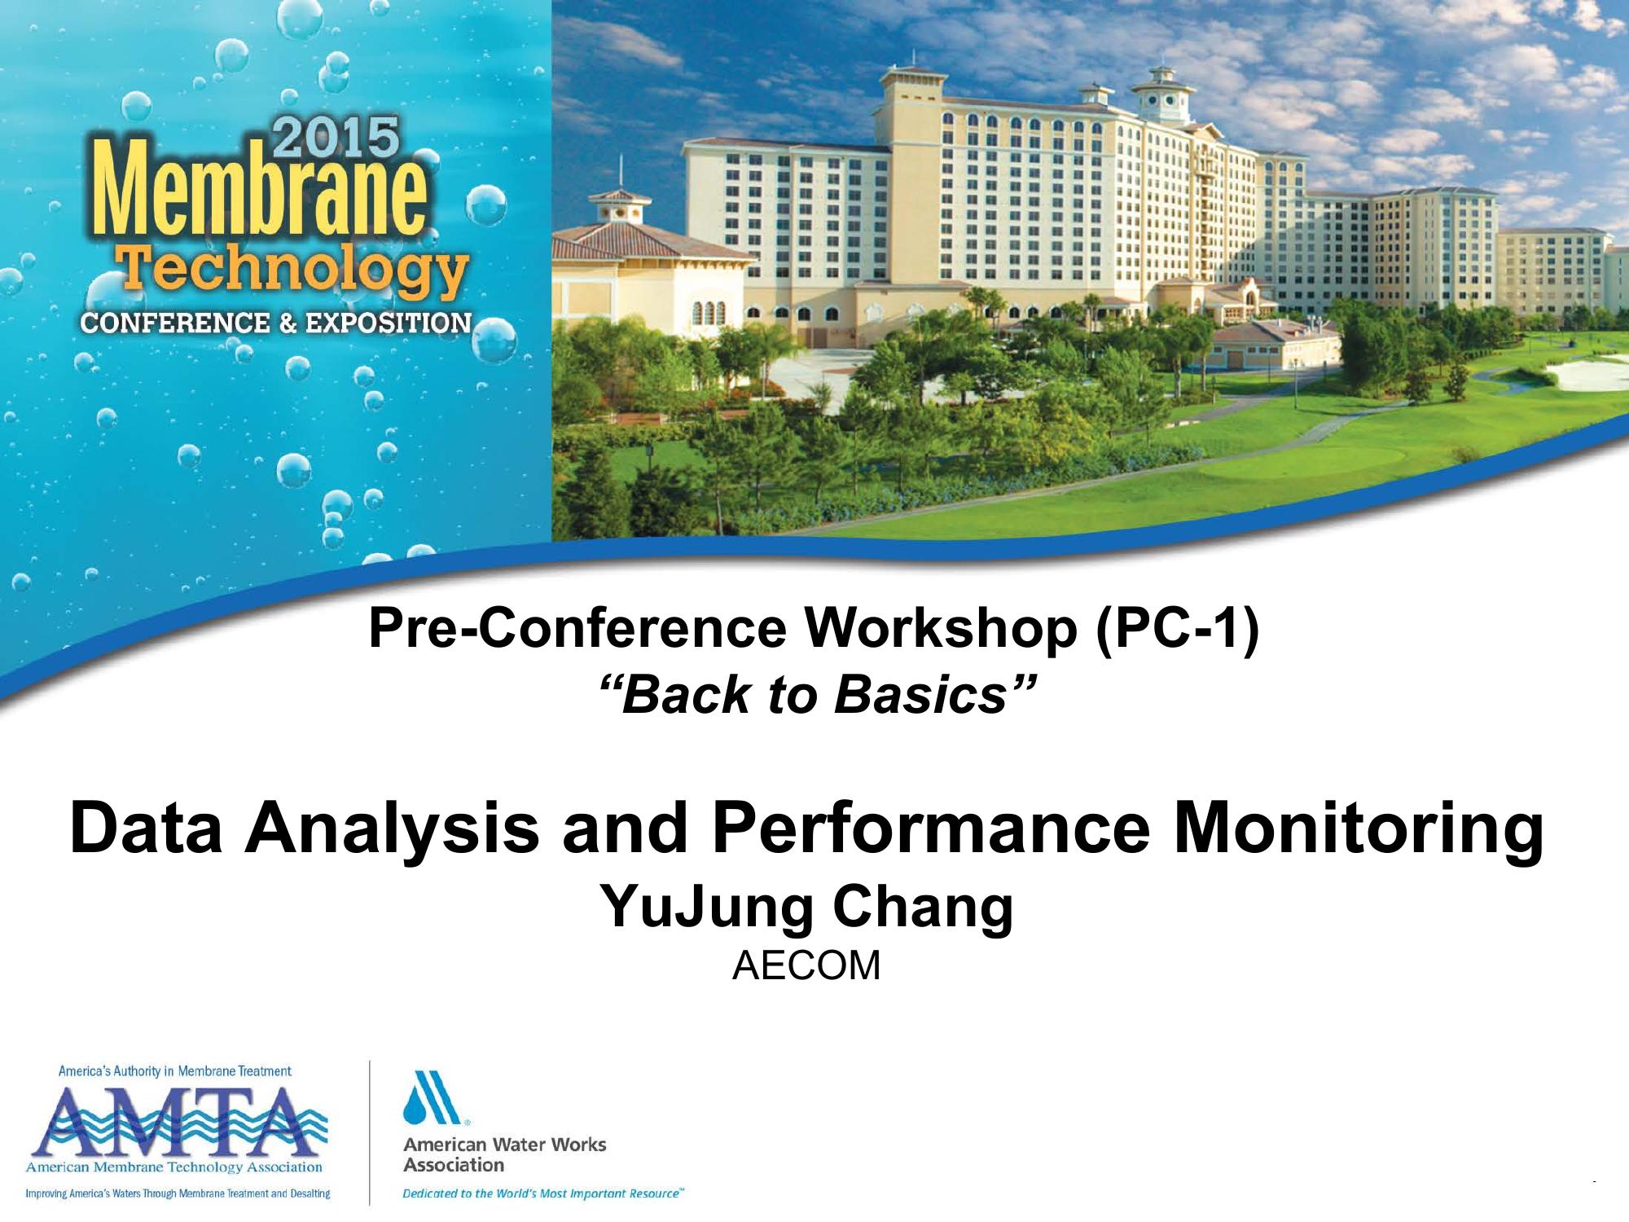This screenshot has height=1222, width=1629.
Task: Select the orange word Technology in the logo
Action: (293, 270)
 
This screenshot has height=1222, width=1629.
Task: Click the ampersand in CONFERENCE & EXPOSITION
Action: (287, 323)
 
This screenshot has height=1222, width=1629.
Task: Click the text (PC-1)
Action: (1177, 628)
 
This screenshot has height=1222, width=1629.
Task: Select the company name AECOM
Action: (806, 966)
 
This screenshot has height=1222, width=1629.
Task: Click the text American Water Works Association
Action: (505, 1154)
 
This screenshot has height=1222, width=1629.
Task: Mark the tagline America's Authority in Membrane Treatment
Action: (175, 1070)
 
